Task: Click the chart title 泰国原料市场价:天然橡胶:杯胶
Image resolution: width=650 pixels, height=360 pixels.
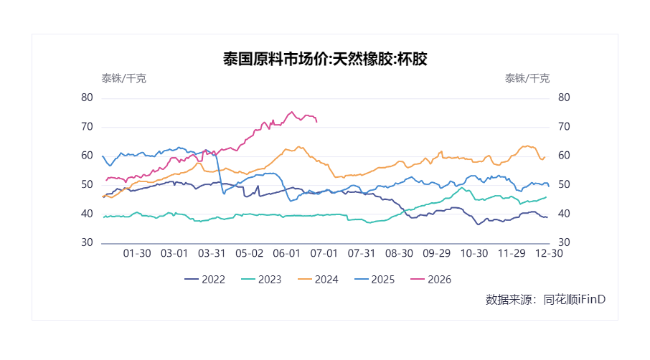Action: click(x=325, y=59)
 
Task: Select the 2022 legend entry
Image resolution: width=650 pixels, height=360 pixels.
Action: click(x=204, y=280)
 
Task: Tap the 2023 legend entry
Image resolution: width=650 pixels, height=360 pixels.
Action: click(x=261, y=280)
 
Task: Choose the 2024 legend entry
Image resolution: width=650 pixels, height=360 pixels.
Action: click(x=318, y=280)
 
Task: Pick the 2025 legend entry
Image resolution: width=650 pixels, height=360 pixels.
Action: click(x=375, y=280)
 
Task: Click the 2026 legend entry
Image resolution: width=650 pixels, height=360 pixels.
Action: click(x=430, y=280)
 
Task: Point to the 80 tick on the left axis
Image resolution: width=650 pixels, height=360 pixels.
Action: click(x=87, y=98)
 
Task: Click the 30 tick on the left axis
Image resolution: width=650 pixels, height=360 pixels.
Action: click(x=87, y=242)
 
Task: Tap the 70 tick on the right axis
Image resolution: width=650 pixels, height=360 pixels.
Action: click(x=564, y=126)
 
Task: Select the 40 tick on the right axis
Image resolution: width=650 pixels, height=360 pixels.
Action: click(x=564, y=214)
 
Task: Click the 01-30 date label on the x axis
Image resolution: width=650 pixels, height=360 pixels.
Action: click(x=137, y=254)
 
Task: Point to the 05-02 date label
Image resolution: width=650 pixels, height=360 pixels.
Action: click(x=249, y=254)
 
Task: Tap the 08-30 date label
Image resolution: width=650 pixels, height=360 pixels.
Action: click(x=399, y=254)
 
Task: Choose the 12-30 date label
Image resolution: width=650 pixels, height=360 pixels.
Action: click(x=549, y=254)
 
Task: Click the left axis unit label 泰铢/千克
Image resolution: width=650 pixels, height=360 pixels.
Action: click(x=124, y=78)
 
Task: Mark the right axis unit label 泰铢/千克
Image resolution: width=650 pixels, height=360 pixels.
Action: click(x=527, y=78)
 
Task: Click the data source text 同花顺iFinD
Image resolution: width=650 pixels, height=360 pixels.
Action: click(x=575, y=299)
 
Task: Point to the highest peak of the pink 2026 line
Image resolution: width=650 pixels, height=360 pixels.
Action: click(x=292, y=112)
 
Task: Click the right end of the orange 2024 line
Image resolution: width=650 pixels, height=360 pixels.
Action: click(x=545, y=157)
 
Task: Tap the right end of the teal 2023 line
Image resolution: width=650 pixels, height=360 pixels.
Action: click(x=547, y=197)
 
